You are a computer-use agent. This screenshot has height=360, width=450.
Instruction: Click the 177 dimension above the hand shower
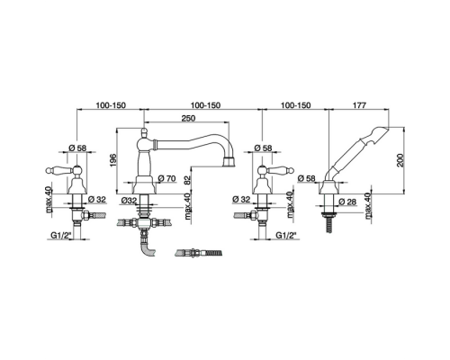[x=359, y=105]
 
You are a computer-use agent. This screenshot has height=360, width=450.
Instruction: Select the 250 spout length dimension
[x=188, y=118]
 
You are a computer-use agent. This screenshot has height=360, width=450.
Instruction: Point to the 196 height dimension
[x=112, y=161]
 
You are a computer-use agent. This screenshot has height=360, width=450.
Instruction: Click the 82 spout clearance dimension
[x=187, y=182]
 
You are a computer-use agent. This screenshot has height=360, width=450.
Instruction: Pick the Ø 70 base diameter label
[x=166, y=178]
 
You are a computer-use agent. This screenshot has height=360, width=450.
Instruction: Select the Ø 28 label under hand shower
[x=347, y=202]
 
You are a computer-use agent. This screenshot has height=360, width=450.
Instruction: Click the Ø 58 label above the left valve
[x=77, y=148]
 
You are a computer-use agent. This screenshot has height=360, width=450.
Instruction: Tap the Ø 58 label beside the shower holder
[x=307, y=178]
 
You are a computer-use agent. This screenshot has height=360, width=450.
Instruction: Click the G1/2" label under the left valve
[x=59, y=236]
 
